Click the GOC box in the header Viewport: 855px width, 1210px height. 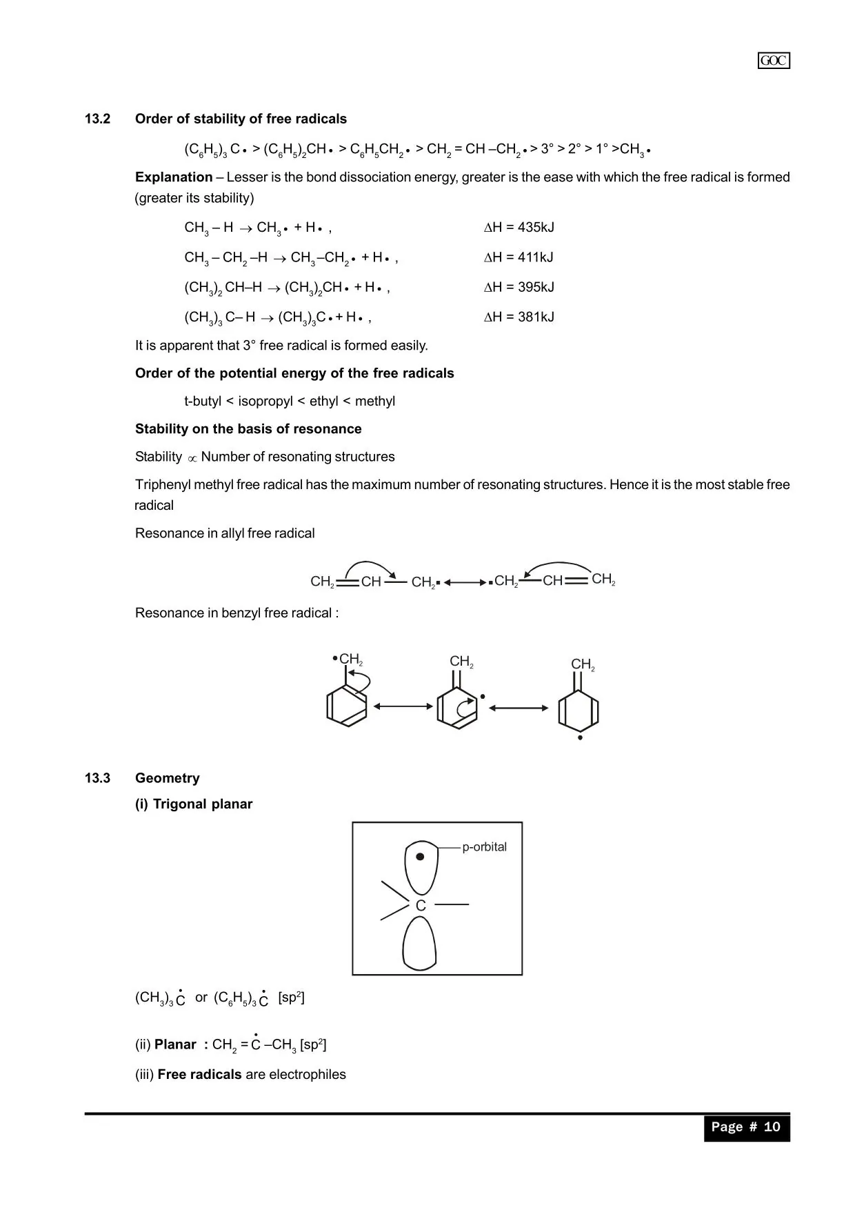[773, 61]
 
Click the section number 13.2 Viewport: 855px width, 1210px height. [97, 119]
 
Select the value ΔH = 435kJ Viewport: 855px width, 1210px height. [519, 227]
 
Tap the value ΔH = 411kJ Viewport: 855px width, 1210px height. [519, 257]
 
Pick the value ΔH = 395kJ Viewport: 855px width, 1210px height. [519, 287]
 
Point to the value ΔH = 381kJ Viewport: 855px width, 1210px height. [519, 317]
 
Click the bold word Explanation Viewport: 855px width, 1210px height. [174, 177]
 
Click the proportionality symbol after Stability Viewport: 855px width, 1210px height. [192, 458]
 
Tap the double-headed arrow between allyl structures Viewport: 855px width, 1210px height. [465, 582]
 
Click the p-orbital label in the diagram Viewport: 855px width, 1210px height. [484, 846]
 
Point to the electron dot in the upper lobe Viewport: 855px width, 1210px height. [420, 857]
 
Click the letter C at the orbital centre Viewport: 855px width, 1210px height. [421, 906]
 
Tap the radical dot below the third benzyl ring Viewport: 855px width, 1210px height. [580, 738]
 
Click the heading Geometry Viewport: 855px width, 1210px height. [168, 778]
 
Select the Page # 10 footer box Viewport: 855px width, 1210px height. [746, 1127]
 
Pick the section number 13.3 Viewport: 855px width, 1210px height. [97, 778]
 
